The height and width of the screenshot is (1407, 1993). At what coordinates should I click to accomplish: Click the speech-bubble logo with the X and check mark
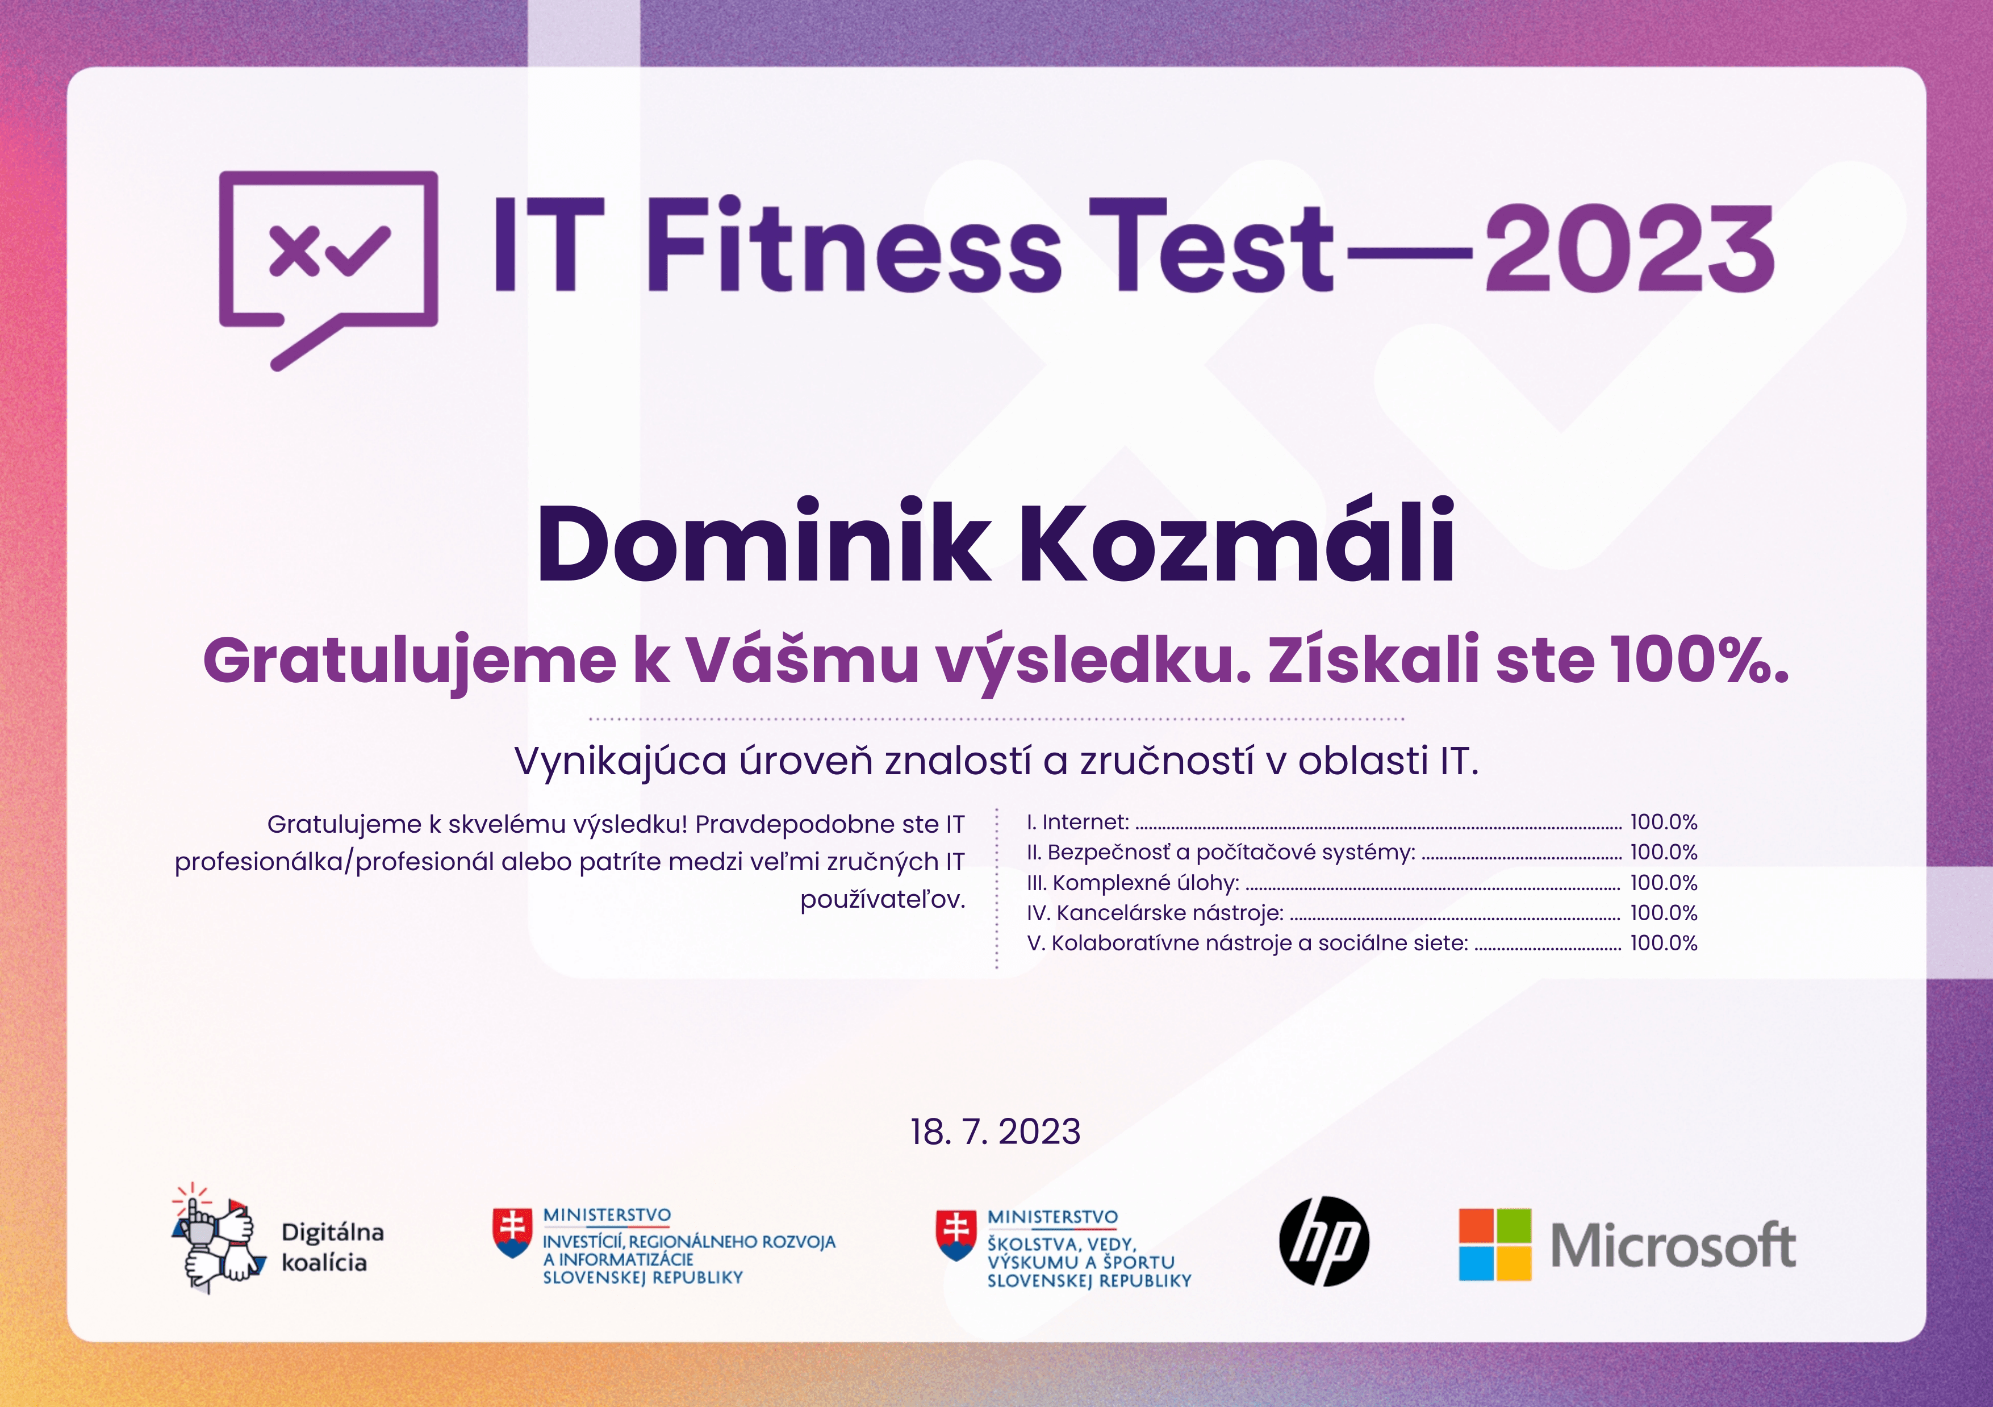click(x=328, y=270)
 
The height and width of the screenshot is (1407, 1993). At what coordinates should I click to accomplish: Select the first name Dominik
click(x=764, y=542)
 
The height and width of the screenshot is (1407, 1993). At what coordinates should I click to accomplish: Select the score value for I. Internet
click(x=1663, y=822)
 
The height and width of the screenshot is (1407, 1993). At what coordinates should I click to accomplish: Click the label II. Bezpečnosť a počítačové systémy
click(x=1221, y=853)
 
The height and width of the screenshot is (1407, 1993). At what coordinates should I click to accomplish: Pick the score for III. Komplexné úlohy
click(x=1663, y=883)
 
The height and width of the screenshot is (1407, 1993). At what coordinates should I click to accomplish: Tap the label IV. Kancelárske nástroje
click(x=1155, y=913)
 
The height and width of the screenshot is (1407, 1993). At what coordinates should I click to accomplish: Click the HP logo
click(x=1324, y=1241)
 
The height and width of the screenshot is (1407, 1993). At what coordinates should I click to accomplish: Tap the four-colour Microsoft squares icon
click(x=1495, y=1245)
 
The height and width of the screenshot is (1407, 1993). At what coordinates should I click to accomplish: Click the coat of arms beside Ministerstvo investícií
click(x=512, y=1233)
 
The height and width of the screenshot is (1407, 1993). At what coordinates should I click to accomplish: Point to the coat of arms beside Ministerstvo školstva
click(x=956, y=1235)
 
